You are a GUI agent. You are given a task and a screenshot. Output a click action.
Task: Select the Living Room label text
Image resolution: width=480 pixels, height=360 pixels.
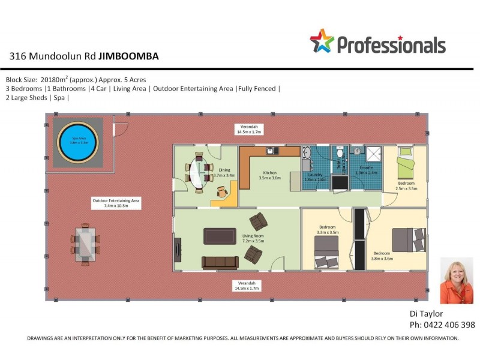coord(253,239)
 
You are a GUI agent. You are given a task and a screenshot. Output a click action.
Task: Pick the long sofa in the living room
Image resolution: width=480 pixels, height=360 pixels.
coord(220,262)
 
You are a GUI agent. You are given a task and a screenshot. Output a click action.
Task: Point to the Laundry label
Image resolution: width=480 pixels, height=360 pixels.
coord(315,176)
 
